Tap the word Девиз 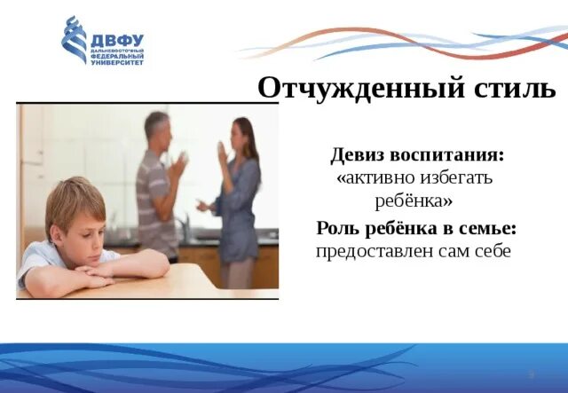click(x=359, y=154)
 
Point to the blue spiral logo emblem click(x=74, y=40)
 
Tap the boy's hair click(x=75, y=198)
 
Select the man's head click(x=157, y=129)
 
